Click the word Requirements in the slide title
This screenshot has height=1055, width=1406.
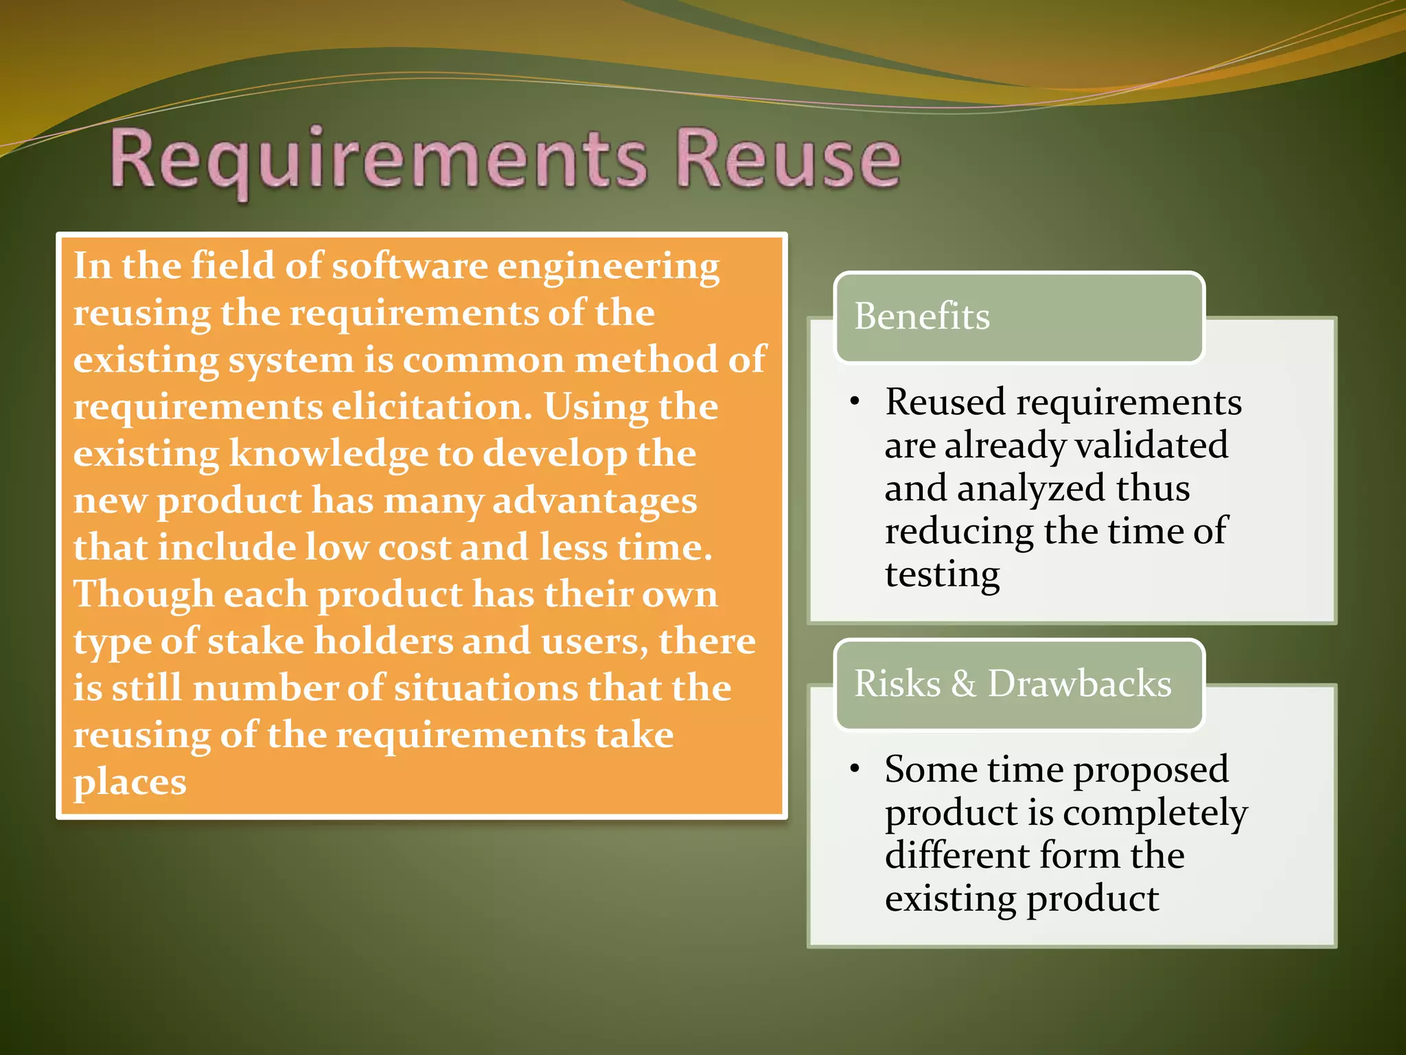[378, 159]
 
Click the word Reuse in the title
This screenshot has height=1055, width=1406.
[787, 159]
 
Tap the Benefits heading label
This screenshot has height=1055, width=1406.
[921, 317]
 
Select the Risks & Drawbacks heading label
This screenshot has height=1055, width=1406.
[1013, 683]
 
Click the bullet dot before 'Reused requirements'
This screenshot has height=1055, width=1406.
[854, 402]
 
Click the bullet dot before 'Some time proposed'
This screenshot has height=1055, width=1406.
[854, 769]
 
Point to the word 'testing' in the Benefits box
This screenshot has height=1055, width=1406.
[942, 575]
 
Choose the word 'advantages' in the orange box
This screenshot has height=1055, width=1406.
[595, 501]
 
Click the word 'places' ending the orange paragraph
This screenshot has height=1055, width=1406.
[130, 782]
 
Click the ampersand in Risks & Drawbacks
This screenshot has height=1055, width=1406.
[963, 683]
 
